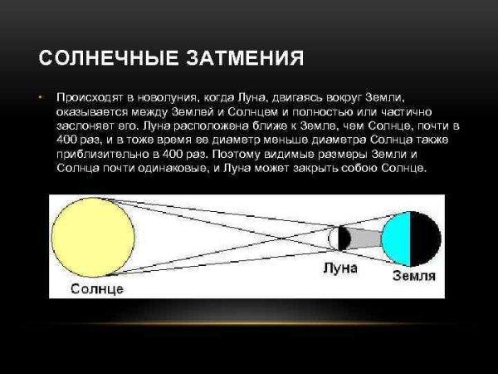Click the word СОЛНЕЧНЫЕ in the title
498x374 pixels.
(98, 60)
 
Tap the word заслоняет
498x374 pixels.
(81, 125)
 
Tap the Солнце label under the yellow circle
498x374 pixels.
(97, 288)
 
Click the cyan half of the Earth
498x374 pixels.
(398, 238)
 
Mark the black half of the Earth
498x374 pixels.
(425, 238)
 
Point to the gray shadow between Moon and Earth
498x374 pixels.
(365, 239)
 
